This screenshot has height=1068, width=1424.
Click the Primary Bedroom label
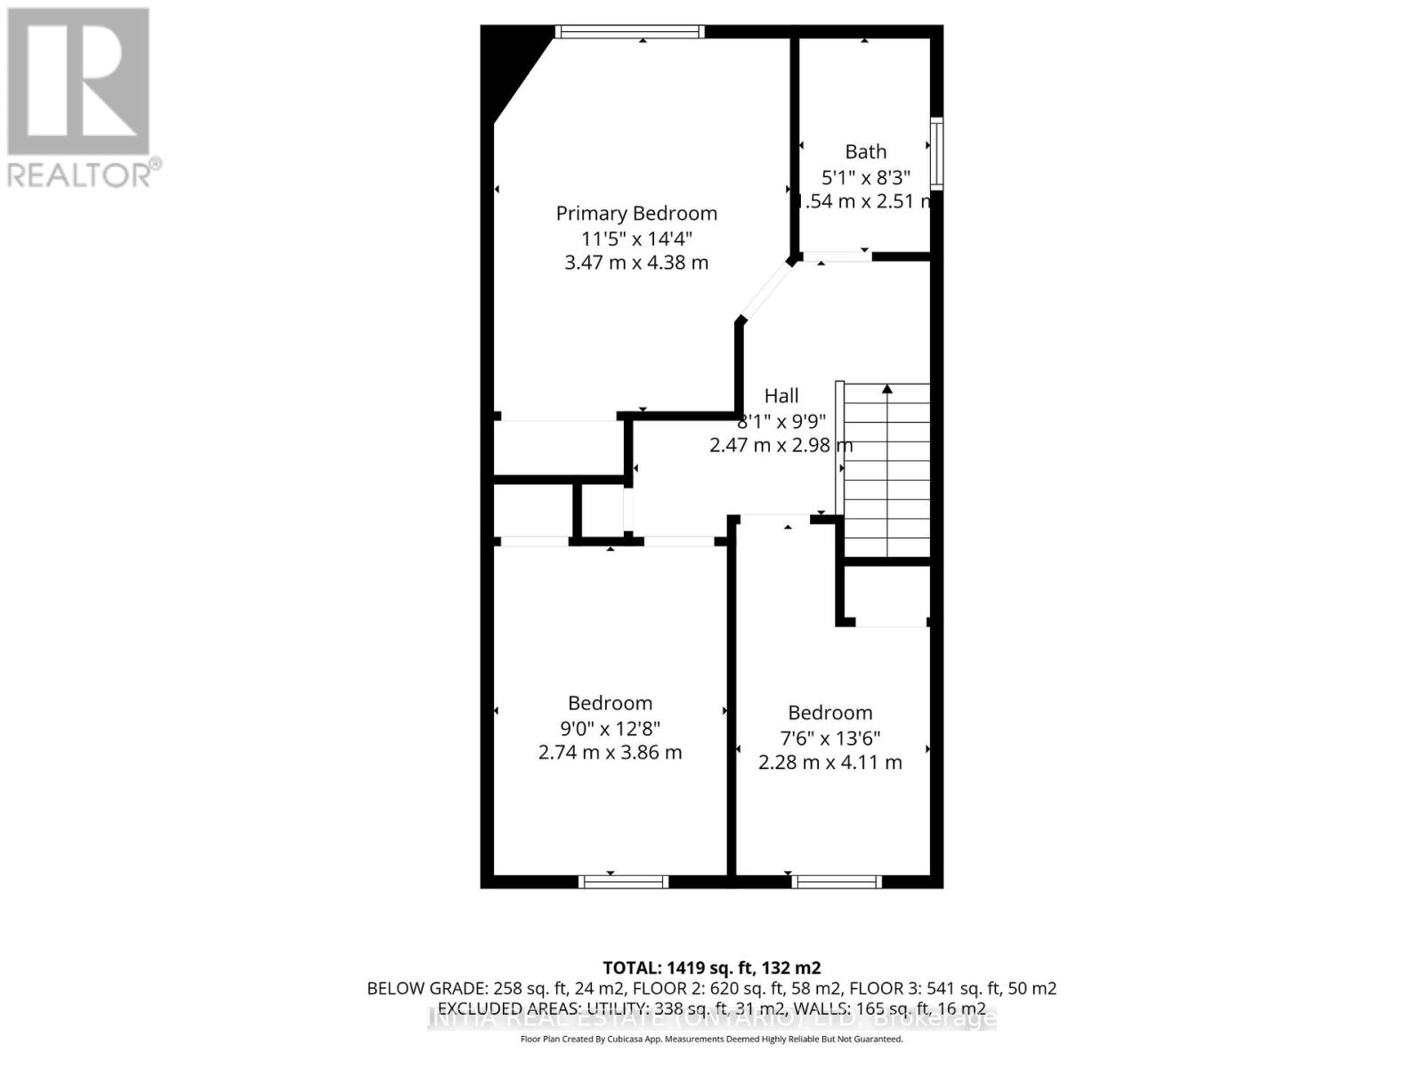point(636,214)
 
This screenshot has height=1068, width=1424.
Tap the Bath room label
point(865,152)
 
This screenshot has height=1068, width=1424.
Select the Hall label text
point(781,396)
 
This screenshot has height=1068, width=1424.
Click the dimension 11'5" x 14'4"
point(636,239)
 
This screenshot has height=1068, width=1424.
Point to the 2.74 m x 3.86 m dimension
point(610,753)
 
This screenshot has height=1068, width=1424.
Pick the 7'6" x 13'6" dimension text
point(829,739)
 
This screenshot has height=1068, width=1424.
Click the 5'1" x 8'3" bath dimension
point(865,177)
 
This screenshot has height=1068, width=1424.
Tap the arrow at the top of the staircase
point(886,389)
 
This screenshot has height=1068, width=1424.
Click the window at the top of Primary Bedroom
point(629,32)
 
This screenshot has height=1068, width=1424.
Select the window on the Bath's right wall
point(936,153)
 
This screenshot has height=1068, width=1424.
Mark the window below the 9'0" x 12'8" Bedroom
point(623,882)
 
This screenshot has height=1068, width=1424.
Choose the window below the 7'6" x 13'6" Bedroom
point(837,882)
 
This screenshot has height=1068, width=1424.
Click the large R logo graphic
point(78,82)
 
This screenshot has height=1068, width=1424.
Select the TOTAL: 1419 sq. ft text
point(711,968)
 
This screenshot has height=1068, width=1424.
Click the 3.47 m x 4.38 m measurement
point(636,263)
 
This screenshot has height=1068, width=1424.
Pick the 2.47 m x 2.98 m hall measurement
point(781,445)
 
